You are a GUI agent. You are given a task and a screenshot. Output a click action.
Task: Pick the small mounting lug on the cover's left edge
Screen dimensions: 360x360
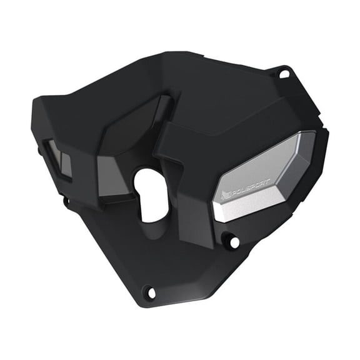tap(66, 201)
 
